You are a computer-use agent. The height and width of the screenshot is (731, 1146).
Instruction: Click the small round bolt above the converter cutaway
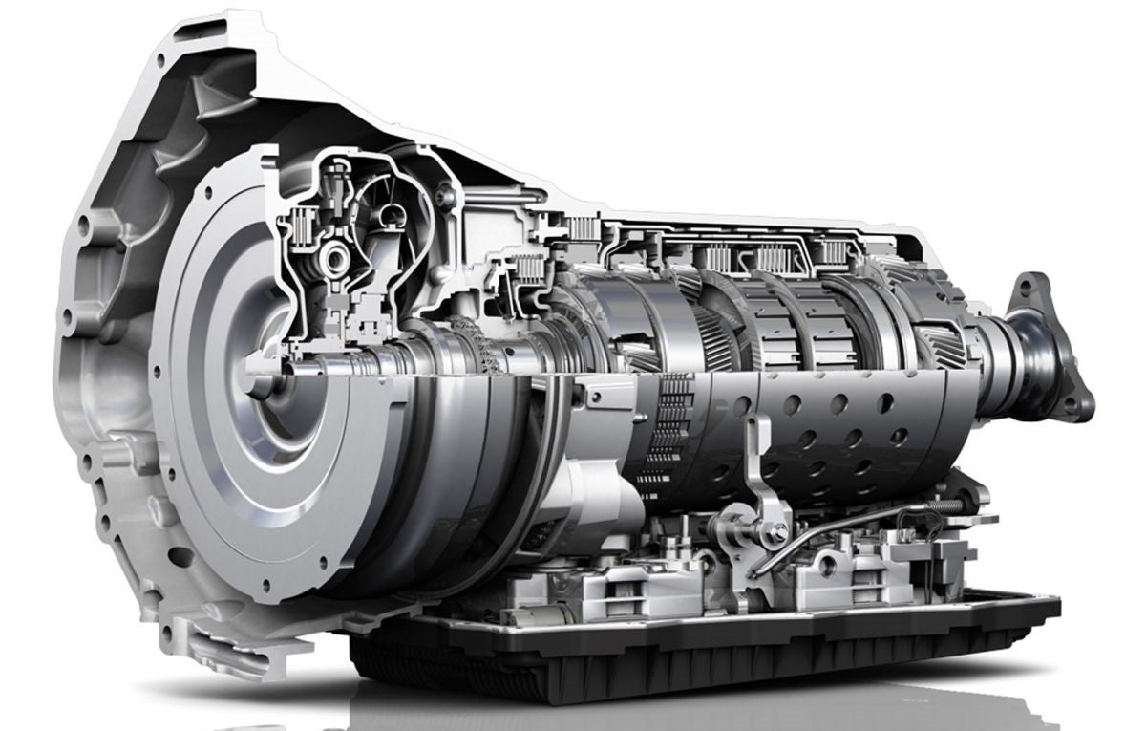[x=442, y=197]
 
